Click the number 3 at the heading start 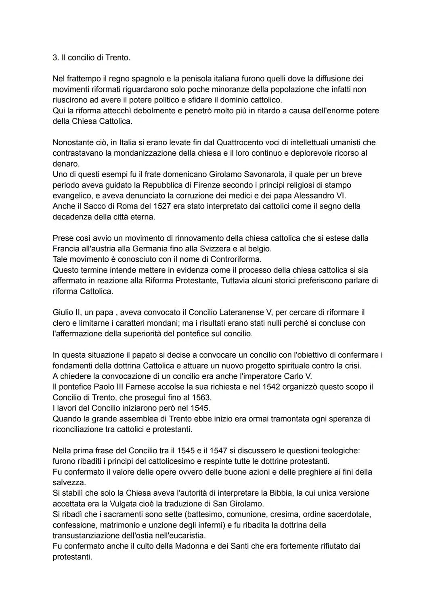pyautogui.click(x=55, y=58)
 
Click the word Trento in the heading pyautogui.click(x=117, y=58)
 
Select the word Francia pyautogui.click(x=67, y=248)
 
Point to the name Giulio pyautogui.click(x=64, y=313)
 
